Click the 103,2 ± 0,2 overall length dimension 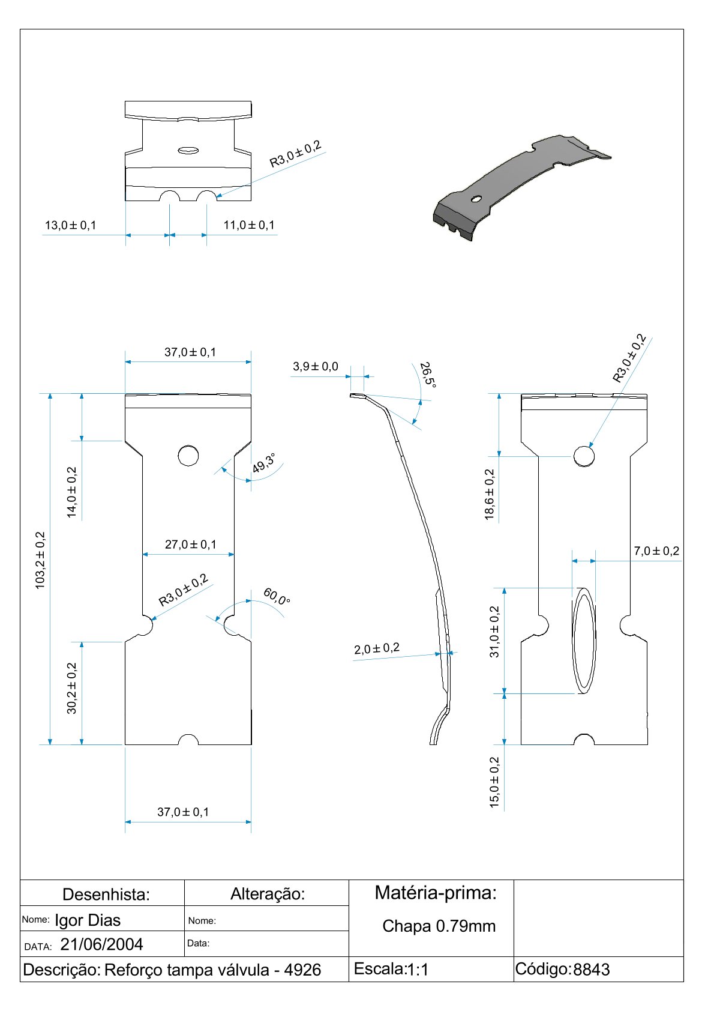(40, 560)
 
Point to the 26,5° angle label (427, 375)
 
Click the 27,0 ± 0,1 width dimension (191, 545)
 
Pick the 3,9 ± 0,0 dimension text (316, 366)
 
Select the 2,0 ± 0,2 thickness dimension (377, 649)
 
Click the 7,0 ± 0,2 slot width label (656, 551)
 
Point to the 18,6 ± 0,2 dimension (490, 494)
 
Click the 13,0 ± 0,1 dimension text (70, 226)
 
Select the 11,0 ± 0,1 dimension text (249, 225)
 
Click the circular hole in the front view (188, 456)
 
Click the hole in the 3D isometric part (476, 198)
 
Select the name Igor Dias (88, 920)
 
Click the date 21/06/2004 (102, 945)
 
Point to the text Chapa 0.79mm (439, 926)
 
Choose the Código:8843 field (562, 970)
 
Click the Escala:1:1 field (391, 969)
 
